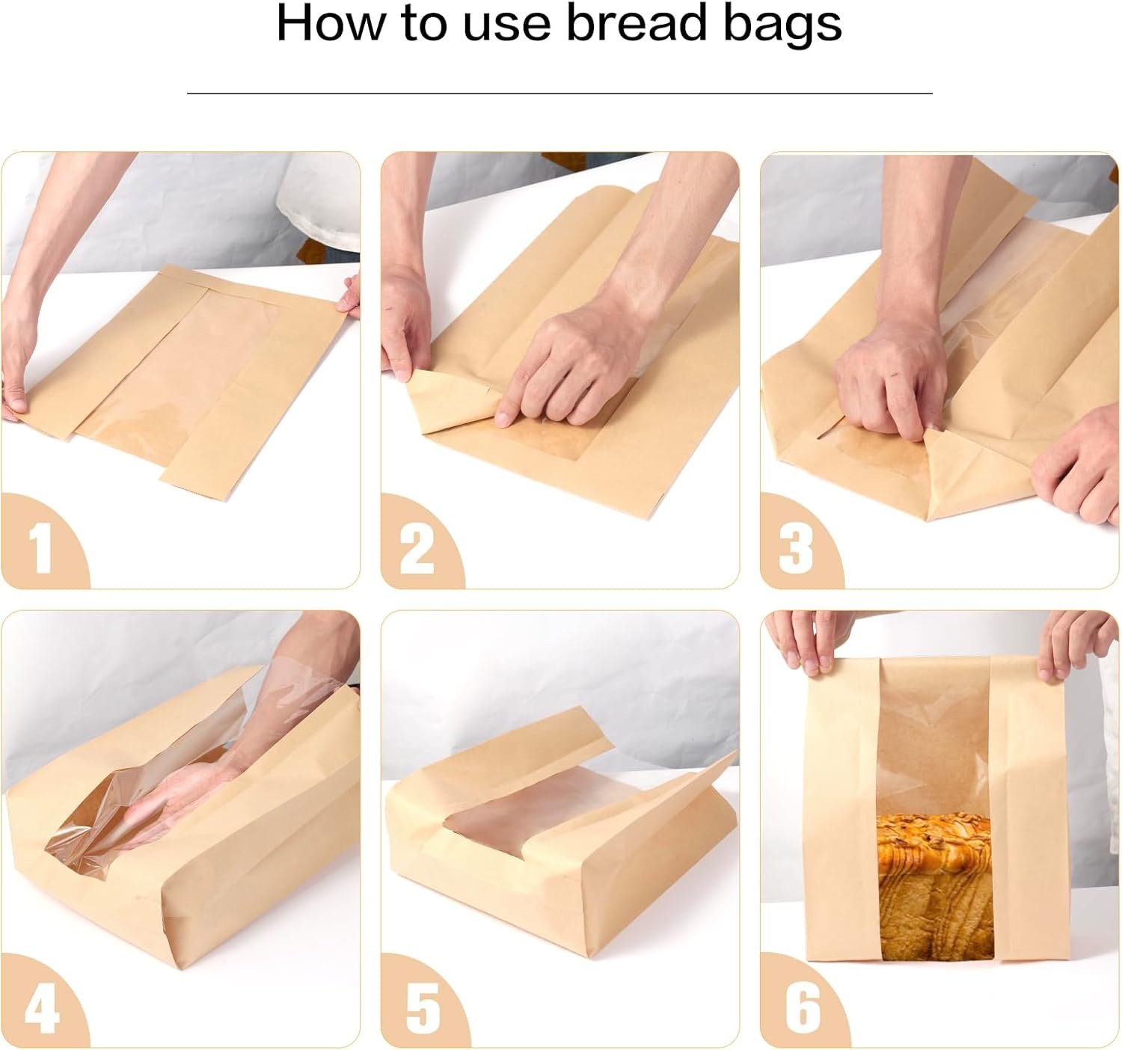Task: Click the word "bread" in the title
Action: pos(636,24)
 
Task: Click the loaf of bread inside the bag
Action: pos(934,882)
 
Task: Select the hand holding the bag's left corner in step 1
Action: pos(19,374)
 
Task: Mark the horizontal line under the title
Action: pos(560,93)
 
